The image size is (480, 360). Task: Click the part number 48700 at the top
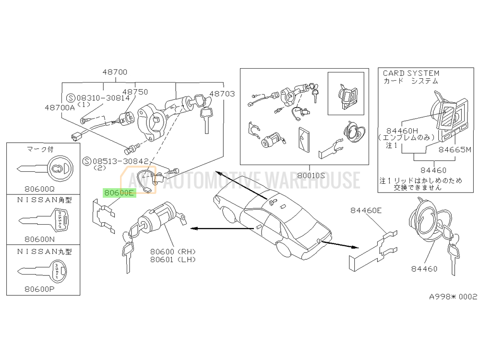(115, 72)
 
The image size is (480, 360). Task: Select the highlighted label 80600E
(119, 193)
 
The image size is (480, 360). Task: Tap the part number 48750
(135, 92)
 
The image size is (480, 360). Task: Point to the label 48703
(222, 94)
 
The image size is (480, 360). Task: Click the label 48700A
(60, 108)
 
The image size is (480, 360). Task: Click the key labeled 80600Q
(45, 168)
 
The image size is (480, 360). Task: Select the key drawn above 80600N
(44, 220)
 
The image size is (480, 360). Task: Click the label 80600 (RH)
(173, 252)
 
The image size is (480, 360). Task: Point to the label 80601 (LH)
(173, 260)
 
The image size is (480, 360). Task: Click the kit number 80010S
(311, 175)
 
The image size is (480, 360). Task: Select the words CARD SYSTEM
(411, 73)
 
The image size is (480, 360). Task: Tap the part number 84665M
(455, 150)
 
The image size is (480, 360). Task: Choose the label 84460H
(402, 131)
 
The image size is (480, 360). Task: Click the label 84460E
(366, 210)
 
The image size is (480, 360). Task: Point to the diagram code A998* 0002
(453, 296)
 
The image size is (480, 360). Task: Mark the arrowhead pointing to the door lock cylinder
(194, 228)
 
